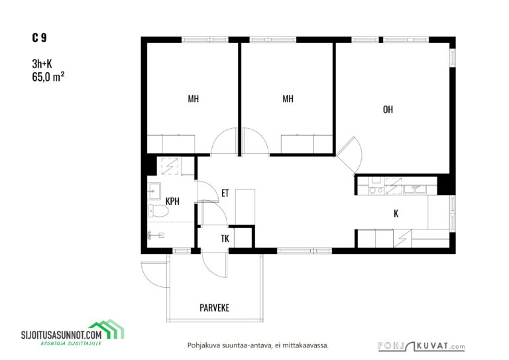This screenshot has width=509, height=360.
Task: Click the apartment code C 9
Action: (39, 38)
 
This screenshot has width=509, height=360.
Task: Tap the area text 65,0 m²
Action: (48, 77)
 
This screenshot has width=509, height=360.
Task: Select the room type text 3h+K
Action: (42, 64)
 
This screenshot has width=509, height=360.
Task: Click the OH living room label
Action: (388, 109)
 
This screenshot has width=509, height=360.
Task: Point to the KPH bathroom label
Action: (172, 202)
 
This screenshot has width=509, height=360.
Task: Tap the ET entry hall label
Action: (225, 194)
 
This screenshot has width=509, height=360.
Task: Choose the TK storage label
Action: (225, 239)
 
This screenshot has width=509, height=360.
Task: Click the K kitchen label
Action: (396, 213)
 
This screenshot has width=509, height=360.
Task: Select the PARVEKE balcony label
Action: (214, 308)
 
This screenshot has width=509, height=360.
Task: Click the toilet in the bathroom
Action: (158, 211)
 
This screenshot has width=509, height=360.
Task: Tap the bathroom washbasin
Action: (154, 191)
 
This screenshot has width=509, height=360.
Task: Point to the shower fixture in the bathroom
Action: (156, 235)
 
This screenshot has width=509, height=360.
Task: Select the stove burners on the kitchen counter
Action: (376, 190)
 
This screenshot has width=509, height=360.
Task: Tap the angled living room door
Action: (349, 155)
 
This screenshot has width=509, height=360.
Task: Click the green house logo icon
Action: (107, 329)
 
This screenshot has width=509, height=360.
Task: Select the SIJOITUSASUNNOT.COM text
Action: (62, 334)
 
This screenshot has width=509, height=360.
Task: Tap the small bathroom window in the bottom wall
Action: (181, 251)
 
